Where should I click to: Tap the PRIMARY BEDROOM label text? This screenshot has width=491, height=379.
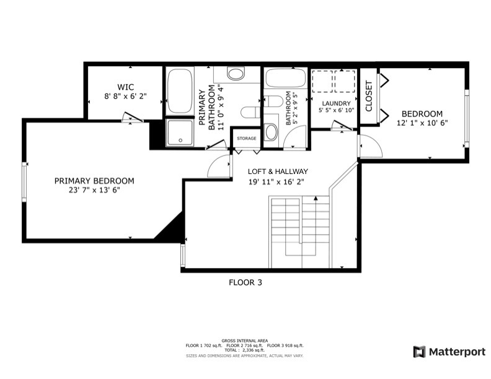[x=94, y=181]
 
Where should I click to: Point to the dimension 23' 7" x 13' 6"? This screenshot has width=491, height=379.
[x=94, y=191]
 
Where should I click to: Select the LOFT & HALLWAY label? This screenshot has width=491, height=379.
[x=278, y=172]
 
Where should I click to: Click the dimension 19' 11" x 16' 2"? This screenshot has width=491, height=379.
[x=278, y=181]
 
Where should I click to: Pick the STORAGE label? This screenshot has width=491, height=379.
[x=246, y=138]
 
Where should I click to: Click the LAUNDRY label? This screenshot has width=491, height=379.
[x=335, y=103]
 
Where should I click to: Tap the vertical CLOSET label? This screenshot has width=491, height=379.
[x=369, y=96]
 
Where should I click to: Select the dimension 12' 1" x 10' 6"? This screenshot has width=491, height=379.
[x=422, y=123]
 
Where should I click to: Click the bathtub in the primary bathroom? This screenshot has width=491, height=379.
[x=180, y=91]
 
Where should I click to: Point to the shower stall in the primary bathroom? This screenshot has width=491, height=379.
[x=180, y=131]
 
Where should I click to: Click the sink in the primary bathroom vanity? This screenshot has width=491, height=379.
[x=236, y=74]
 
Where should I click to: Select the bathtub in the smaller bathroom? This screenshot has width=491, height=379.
[x=285, y=78]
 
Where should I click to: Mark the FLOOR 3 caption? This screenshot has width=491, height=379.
[x=245, y=282]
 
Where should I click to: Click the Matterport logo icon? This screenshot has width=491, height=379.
[x=420, y=352]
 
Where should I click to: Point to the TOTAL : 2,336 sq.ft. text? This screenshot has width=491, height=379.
[x=245, y=350]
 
